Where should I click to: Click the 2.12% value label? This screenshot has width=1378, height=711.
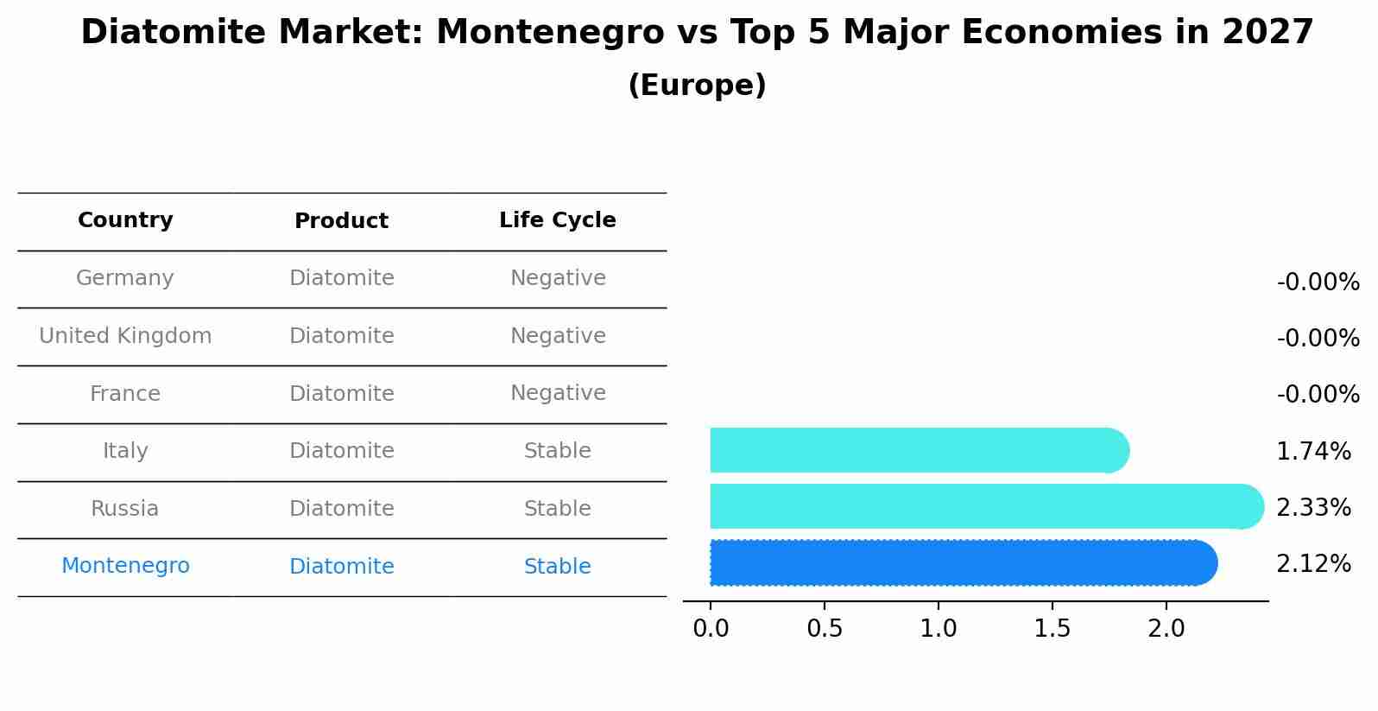click(x=1313, y=564)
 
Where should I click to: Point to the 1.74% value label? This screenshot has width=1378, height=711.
click(x=1313, y=451)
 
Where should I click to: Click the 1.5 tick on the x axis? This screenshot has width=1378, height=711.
click(x=1052, y=629)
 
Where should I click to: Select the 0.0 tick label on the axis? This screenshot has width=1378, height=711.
click(x=711, y=629)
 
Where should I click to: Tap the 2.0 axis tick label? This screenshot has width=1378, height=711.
click(x=1166, y=629)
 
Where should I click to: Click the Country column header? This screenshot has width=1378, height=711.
click(x=125, y=220)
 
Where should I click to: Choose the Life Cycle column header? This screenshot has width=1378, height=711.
click(x=558, y=220)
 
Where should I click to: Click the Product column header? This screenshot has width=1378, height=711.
click(x=341, y=221)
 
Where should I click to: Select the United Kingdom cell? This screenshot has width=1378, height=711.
click(x=125, y=336)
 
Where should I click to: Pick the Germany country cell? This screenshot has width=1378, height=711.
click(x=125, y=278)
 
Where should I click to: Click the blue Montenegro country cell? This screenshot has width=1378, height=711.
click(x=125, y=566)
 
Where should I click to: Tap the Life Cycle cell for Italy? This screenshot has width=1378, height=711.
click(x=558, y=451)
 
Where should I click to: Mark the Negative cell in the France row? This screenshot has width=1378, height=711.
click(x=558, y=393)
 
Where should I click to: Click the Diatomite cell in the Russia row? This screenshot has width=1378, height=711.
click(x=341, y=509)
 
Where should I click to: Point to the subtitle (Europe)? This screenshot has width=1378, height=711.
click(x=697, y=86)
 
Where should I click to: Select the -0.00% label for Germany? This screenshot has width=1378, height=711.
click(x=1318, y=282)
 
